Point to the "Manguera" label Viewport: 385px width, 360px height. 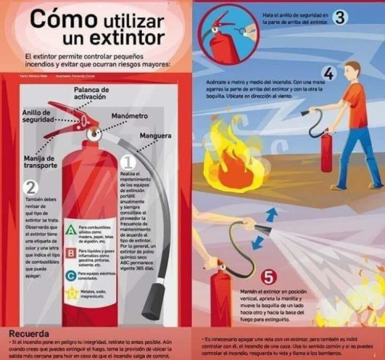(x=154, y=135)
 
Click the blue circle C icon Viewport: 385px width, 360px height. (x=71, y=276)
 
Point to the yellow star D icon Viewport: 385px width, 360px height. (x=71, y=296)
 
